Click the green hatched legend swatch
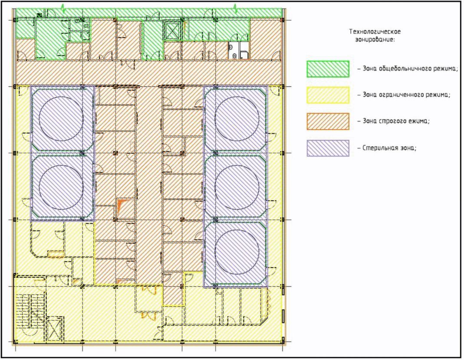(x=328, y=69)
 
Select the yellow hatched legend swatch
(x=328, y=95)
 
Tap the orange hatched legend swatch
(x=328, y=121)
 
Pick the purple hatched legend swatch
(x=328, y=148)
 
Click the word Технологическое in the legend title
(x=375, y=32)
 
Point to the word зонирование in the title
(x=375, y=39)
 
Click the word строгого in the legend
(x=392, y=121)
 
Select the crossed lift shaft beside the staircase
(x=55, y=328)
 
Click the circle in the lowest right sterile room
(x=237, y=253)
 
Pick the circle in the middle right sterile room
(x=237, y=187)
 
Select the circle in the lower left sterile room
(x=61, y=187)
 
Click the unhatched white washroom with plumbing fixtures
(x=239, y=50)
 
